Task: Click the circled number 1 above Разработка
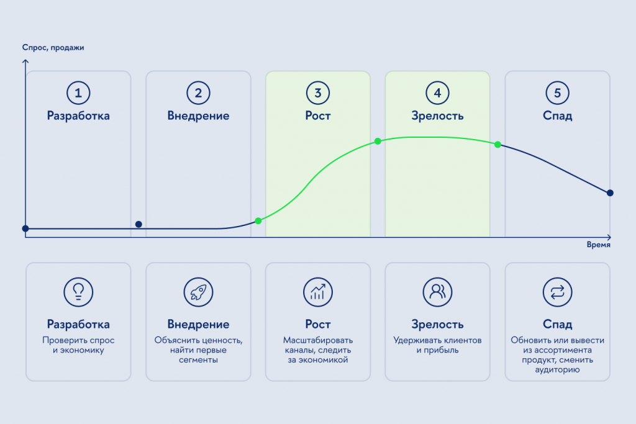click(x=78, y=93)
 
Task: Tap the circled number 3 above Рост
click(x=318, y=93)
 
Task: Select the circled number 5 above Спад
click(x=557, y=93)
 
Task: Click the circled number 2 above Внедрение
click(x=198, y=93)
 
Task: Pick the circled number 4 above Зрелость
click(x=438, y=93)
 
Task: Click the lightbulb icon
click(x=78, y=292)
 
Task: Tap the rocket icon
click(x=198, y=292)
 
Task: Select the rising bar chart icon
click(x=318, y=292)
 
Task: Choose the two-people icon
click(x=438, y=292)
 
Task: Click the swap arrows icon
click(x=557, y=292)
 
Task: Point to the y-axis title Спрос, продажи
click(x=53, y=47)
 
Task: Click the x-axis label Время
click(x=598, y=245)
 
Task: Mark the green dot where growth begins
click(x=258, y=221)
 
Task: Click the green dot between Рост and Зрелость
click(x=378, y=141)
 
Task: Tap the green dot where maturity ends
click(x=497, y=144)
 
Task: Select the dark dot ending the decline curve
click(x=610, y=193)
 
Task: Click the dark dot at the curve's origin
click(x=25, y=228)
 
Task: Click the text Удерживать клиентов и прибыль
click(x=438, y=345)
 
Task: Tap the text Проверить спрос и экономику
click(x=78, y=345)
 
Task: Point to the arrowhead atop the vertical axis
click(x=25, y=61)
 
